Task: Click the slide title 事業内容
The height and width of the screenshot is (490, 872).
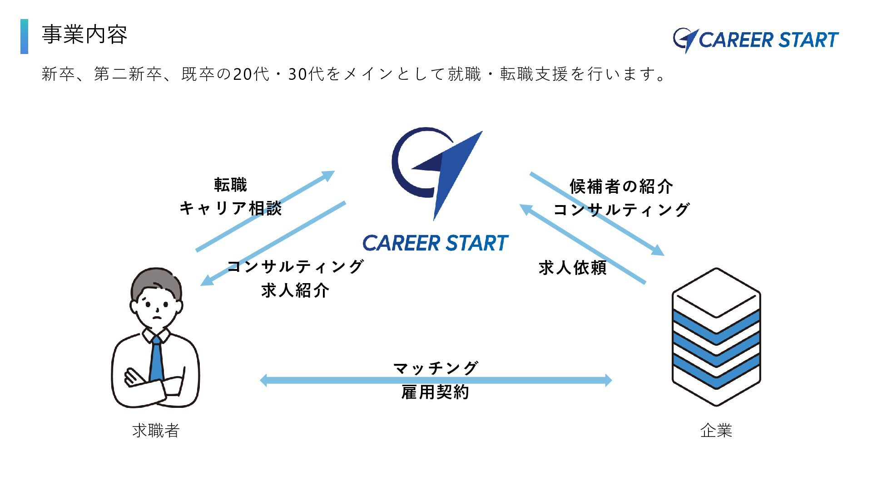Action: pos(84,35)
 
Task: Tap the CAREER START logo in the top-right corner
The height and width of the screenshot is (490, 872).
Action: pos(755,40)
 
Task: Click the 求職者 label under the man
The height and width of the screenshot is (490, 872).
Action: pos(156,431)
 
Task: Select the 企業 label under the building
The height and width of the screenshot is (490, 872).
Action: pos(716,431)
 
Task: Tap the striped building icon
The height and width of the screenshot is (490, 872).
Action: pos(716,337)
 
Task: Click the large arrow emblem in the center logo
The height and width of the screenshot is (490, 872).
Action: pos(450,172)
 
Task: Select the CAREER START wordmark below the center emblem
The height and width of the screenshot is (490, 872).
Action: pos(436,244)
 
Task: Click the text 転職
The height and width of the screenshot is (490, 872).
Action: pos(231,185)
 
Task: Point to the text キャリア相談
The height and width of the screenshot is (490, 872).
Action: pos(231,209)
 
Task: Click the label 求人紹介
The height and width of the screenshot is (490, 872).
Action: pos(295,291)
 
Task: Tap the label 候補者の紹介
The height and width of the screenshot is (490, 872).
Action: pos(621,186)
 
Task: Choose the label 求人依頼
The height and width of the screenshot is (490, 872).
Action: pos(573,268)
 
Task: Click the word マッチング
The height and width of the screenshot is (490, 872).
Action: pos(436,368)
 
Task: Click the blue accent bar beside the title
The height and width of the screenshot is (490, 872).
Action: pos(24,36)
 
